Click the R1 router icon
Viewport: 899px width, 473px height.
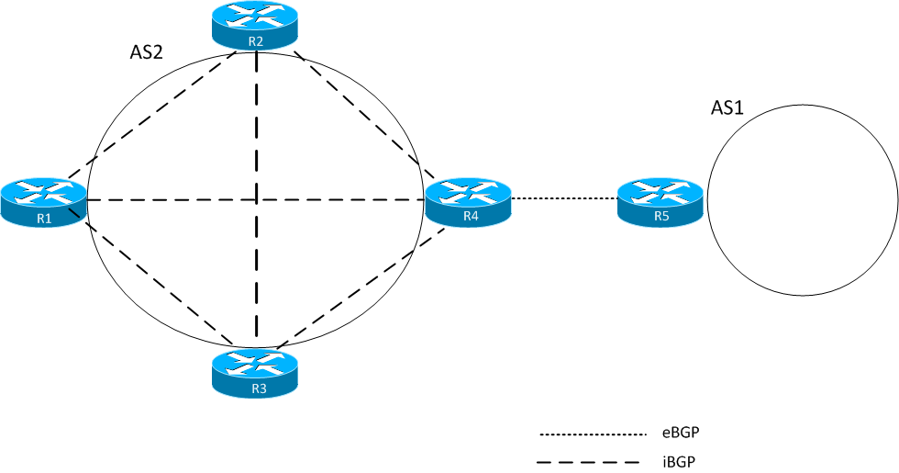44,201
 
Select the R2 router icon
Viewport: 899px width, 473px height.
256,26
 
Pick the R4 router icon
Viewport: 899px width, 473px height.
469,201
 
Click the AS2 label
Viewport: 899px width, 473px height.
147,53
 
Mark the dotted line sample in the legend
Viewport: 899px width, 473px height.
594,434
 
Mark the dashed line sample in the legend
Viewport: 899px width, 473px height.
594,461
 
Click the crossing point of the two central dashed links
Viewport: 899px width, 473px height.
256,199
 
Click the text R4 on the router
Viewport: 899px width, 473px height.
471,217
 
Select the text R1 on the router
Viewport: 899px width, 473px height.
44,218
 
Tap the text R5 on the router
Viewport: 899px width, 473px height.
661,217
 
